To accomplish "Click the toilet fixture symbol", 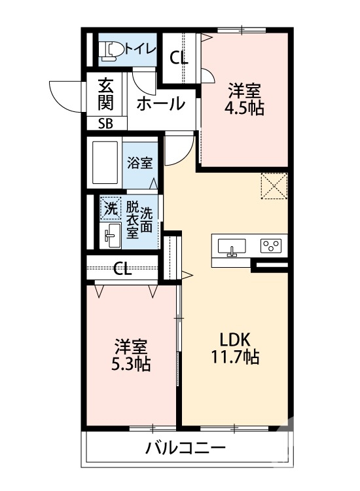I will tap(109, 50).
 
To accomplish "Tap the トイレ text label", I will tap(140, 48).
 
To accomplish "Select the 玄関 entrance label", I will tap(106, 94).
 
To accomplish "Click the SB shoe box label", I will tap(105, 122).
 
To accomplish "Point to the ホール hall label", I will tap(160, 103).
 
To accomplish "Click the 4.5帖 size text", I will tap(244, 109).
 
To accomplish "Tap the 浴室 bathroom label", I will tap(139, 162).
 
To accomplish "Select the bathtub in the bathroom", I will tap(105, 163).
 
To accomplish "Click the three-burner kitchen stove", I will tap(270, 246).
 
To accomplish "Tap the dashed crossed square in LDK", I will tap(274, 185).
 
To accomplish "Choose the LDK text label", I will tap(235, 341).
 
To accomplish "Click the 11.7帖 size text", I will tap(235, 358).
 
